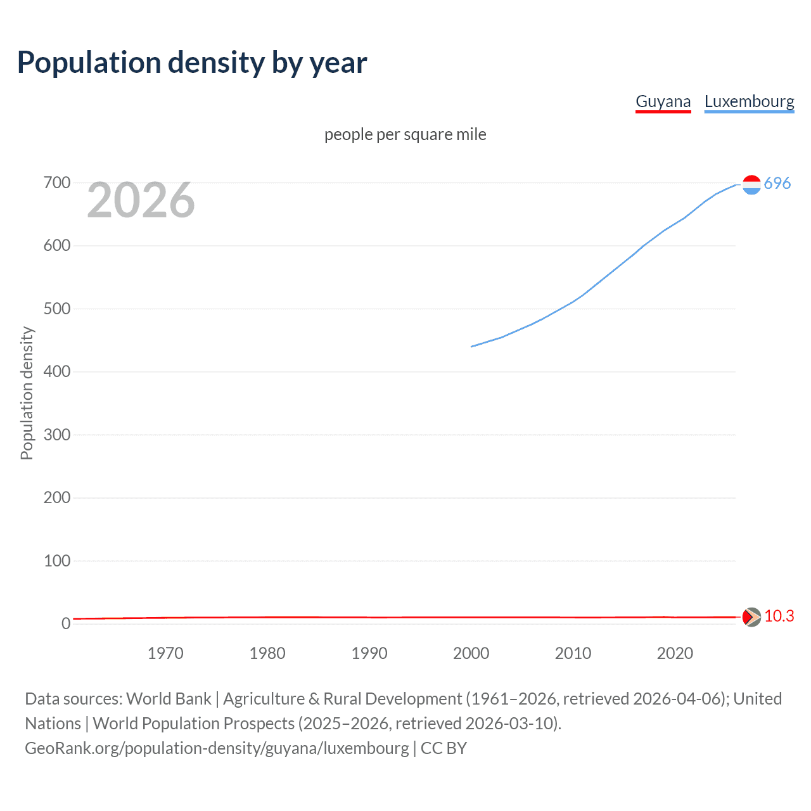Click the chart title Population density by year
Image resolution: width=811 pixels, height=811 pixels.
(192, 63)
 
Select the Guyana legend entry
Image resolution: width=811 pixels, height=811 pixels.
(663, 101)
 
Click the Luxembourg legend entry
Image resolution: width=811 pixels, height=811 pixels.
(749, 101)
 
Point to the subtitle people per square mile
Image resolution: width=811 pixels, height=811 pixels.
(405, 134)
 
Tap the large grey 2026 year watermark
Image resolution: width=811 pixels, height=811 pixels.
(141, 200)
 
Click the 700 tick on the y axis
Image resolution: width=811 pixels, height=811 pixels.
(57, 183)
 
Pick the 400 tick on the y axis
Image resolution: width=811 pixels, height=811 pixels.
(57, 372)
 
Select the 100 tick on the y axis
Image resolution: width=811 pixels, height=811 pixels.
(57, 561)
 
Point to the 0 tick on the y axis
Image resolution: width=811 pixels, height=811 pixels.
(66, 623)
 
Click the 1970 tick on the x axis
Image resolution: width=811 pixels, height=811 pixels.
(165, 653)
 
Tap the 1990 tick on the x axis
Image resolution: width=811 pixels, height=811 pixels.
(369, 653)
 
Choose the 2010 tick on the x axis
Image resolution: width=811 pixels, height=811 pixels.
(573, 653)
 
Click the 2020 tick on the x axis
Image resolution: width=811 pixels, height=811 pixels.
(675, 653)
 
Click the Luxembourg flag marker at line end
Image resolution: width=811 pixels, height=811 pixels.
(751, 184)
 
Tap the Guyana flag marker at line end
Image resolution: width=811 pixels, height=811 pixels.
(751, 616)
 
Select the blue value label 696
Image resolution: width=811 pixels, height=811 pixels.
(777, 184)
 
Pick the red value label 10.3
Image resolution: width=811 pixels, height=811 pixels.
(779, 616)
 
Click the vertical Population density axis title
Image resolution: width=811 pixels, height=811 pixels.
(27, 393)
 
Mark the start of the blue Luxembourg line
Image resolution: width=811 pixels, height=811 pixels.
(472, 347)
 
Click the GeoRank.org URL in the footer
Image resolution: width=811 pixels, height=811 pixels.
(217, 748)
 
